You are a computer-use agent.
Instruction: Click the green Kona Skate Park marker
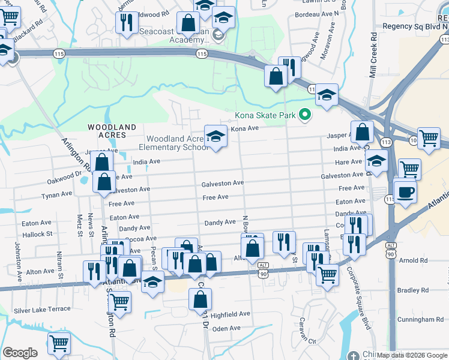305,114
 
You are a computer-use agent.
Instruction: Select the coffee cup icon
405,192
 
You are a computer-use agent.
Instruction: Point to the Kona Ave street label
244,128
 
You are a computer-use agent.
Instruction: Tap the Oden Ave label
226,328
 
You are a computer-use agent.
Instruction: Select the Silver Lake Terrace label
42,310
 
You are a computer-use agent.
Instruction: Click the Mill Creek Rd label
373,46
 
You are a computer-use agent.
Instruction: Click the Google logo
20,353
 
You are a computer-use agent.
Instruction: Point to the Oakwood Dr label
65,179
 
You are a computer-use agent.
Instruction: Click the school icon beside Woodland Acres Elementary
215,136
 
